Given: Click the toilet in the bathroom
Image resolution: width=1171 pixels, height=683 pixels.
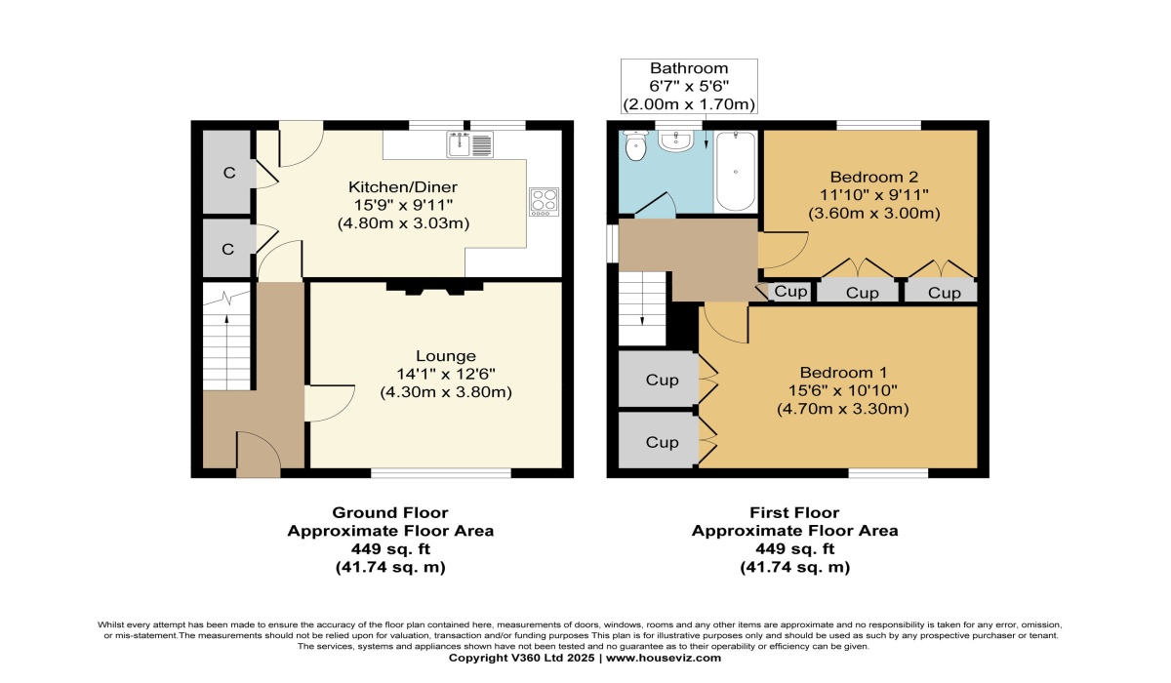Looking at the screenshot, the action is (635, 145).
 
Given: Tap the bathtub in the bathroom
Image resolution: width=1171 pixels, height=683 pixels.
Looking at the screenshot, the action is (735, 171).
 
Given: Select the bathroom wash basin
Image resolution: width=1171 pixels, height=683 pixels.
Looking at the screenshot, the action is (675, 141).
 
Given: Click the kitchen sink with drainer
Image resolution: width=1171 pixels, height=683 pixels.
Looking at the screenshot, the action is (470, 144).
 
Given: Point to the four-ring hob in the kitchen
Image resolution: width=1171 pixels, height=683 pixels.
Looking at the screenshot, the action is (544, 202).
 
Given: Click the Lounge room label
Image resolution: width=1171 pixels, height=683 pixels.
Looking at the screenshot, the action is (446, 356).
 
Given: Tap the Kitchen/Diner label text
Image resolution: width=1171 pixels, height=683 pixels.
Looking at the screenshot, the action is (403, 186).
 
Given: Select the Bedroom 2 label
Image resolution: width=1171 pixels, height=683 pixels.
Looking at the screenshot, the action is (874, 178).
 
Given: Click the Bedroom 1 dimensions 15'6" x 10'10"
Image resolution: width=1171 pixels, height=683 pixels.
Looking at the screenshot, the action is (843, 390).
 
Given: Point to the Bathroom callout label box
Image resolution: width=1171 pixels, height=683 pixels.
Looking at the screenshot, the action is (689, 86).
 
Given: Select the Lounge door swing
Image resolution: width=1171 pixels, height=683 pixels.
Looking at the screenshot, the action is (330, 403).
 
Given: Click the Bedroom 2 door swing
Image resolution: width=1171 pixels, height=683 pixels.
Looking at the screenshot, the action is (783, 250).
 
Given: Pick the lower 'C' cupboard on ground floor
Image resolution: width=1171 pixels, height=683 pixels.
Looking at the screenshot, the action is (227, 249).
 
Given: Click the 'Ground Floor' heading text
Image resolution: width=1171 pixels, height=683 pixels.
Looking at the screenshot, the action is (390, 512).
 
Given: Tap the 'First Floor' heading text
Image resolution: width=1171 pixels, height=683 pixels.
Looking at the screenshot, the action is (794, 512).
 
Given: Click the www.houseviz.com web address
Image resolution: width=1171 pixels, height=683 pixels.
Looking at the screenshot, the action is (664, 658).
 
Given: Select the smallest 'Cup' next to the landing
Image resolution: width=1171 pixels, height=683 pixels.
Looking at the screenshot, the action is (789, 291).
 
